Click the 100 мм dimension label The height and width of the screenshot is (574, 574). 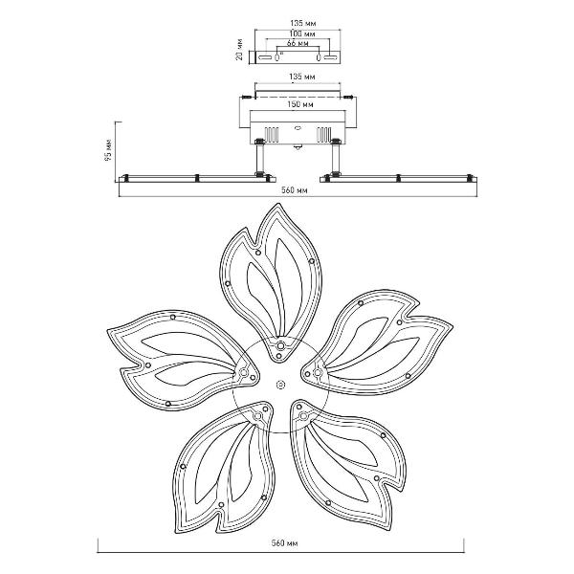[x=302, y=33]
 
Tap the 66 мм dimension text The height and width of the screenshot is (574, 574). [x=298, y=43]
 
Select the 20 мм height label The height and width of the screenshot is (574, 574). [x=239, y=50]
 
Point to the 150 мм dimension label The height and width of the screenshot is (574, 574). [x=300, y=104]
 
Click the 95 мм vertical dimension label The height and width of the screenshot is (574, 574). [x=109, y=150]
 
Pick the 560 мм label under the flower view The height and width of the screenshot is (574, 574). [x=284, y=542]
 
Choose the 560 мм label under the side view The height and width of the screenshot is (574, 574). [x=295, y=190]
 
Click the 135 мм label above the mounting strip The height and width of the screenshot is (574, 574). [x=302, y=23]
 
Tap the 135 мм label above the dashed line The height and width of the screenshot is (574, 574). [x=302, y=77]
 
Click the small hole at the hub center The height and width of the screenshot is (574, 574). [x=280, y=385]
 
